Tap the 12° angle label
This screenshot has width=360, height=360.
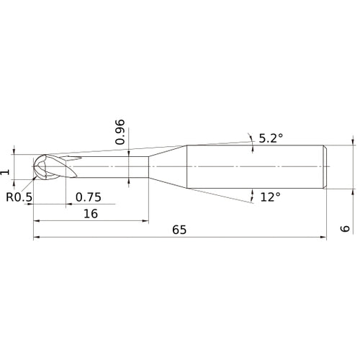[x=269, y=196]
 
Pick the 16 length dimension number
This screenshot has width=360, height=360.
[x=91, y=214]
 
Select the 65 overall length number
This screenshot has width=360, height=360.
[x=179, y=230]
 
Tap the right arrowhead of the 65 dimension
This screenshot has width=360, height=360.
[x=325, y=237]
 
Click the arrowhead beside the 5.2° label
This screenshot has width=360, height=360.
[x=251, y=137]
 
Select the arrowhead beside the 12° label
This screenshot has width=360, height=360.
[x=252, y=195]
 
